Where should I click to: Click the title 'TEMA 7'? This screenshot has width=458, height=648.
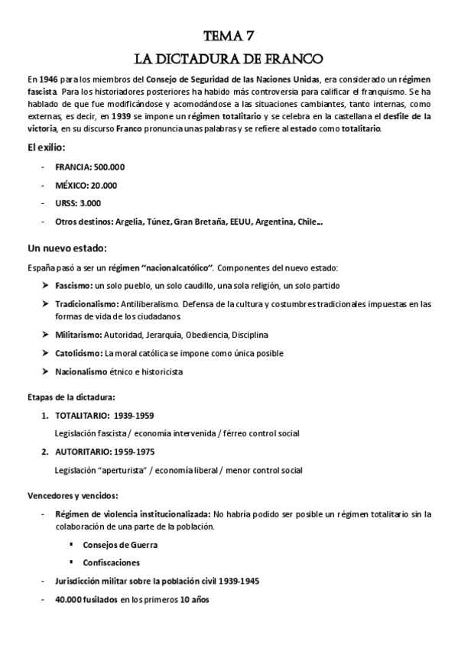point(229,36)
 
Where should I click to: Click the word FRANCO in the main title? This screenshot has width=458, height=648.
point(293,58)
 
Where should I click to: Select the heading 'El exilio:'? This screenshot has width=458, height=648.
point(47,147)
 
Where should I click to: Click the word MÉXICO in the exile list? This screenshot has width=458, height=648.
point(71,186)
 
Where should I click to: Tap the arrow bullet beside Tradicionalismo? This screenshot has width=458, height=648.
point(45,304)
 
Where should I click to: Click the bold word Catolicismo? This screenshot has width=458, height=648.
point(79,353)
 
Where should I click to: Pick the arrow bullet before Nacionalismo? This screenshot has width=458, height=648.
point(45,372)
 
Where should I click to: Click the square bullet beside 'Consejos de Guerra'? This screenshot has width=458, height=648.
point(72,545)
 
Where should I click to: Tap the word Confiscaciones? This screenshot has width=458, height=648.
point(112,562)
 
